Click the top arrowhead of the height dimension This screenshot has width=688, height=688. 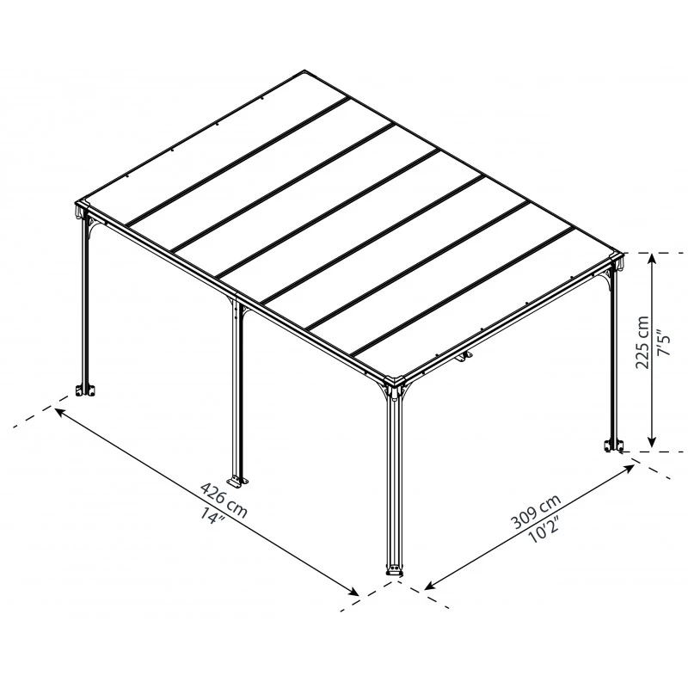click(654, 260)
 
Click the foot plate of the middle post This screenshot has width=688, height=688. click(236, 478)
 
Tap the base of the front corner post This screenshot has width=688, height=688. click(395, 570)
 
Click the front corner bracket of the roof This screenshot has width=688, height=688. click(396, 386)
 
